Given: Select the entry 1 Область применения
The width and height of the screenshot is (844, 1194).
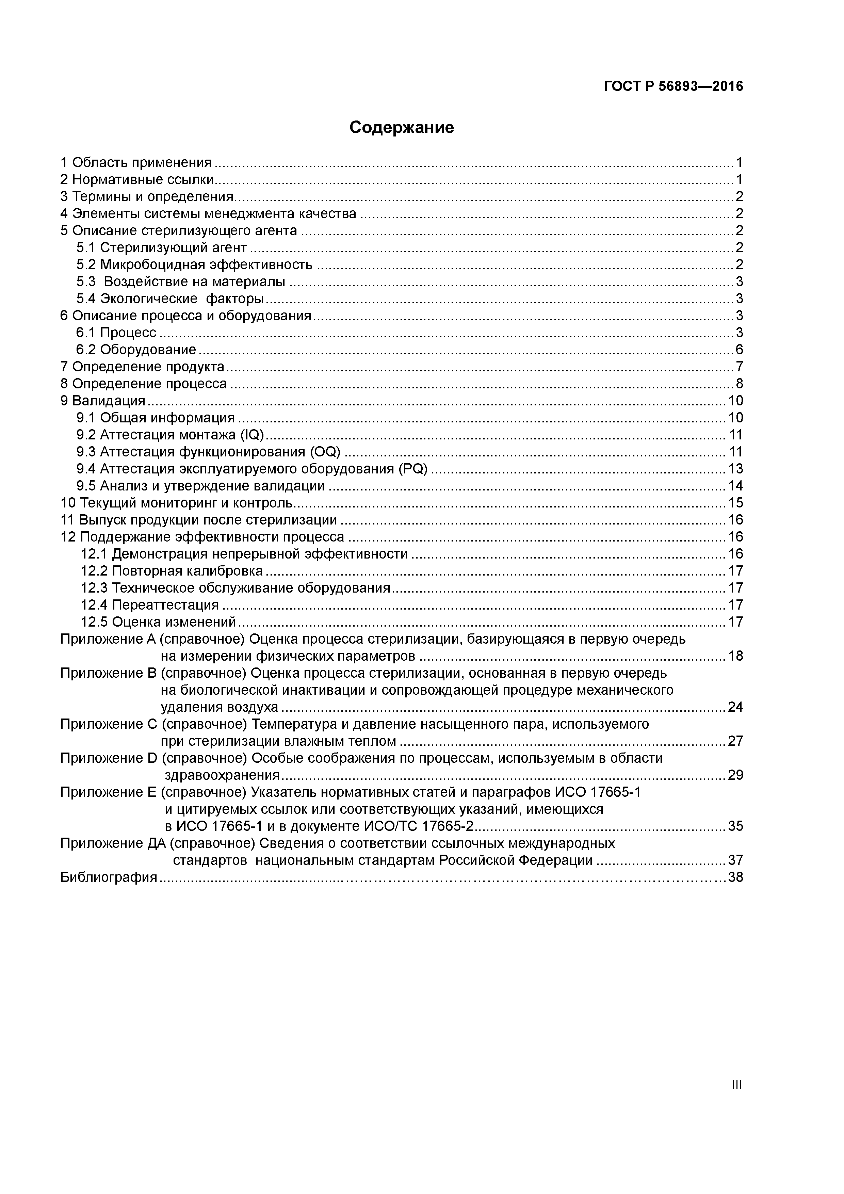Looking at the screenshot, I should (136, 163).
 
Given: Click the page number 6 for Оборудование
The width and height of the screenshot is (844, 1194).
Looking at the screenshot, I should (739, 350).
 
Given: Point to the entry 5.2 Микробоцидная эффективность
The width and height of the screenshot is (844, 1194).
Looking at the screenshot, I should (194, 265).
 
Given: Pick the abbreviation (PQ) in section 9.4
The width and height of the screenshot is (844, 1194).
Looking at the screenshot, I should (413, 469).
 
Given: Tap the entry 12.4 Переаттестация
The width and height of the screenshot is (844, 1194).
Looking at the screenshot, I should (150, 605).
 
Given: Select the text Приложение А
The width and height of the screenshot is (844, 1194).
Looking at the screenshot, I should (109, 639).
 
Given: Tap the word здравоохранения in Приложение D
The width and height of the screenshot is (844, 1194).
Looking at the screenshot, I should (223, 775).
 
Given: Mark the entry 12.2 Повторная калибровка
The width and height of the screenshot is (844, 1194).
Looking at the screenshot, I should (172, 571).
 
